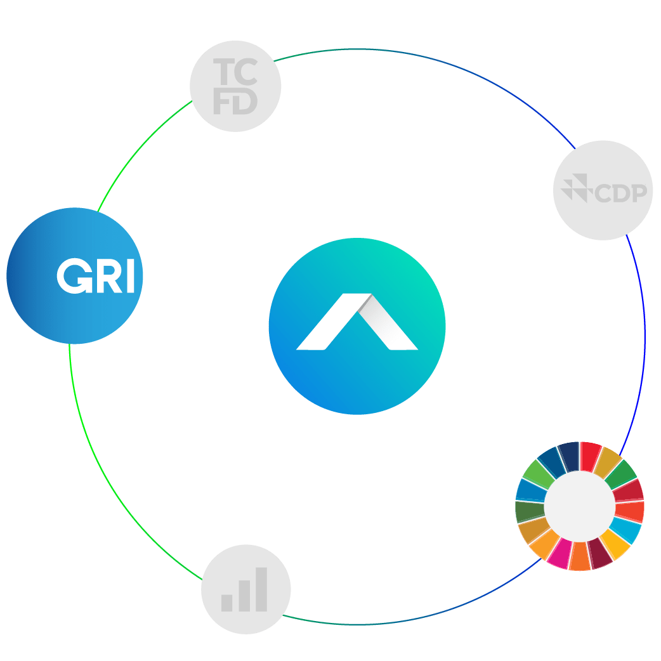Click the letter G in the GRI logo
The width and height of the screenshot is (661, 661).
point(72,277)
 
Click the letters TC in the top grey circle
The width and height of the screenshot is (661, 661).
point(235,72)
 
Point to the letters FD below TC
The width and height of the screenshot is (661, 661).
point(235,102)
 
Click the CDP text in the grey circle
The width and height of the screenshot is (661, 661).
point(621,192)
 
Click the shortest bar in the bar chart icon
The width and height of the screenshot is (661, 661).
point(226,601)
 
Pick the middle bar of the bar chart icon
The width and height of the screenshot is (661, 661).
point(244,595)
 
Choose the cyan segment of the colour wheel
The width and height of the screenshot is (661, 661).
point(628,530)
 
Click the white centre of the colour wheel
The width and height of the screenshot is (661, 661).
point(579,506)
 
